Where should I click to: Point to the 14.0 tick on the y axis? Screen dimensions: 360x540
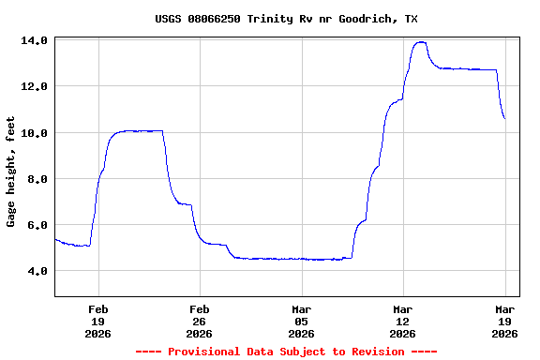pos(35,40)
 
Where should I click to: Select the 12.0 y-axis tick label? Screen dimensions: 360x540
pos(35,86)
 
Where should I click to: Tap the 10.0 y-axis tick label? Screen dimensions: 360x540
pos(35,132)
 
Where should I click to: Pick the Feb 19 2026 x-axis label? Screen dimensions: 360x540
pos(97,321)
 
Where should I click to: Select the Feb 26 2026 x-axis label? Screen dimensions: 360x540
pos(199,321)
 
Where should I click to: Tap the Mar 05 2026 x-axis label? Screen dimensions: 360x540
pos(301,321)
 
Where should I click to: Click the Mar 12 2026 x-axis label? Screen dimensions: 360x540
pos(402,321)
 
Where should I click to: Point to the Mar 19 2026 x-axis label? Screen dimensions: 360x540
pos(505,321)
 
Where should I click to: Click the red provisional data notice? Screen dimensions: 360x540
pos(286,352)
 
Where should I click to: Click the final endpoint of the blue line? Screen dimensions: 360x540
pos(504,118)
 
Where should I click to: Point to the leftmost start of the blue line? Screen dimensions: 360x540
pos(55,239)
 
